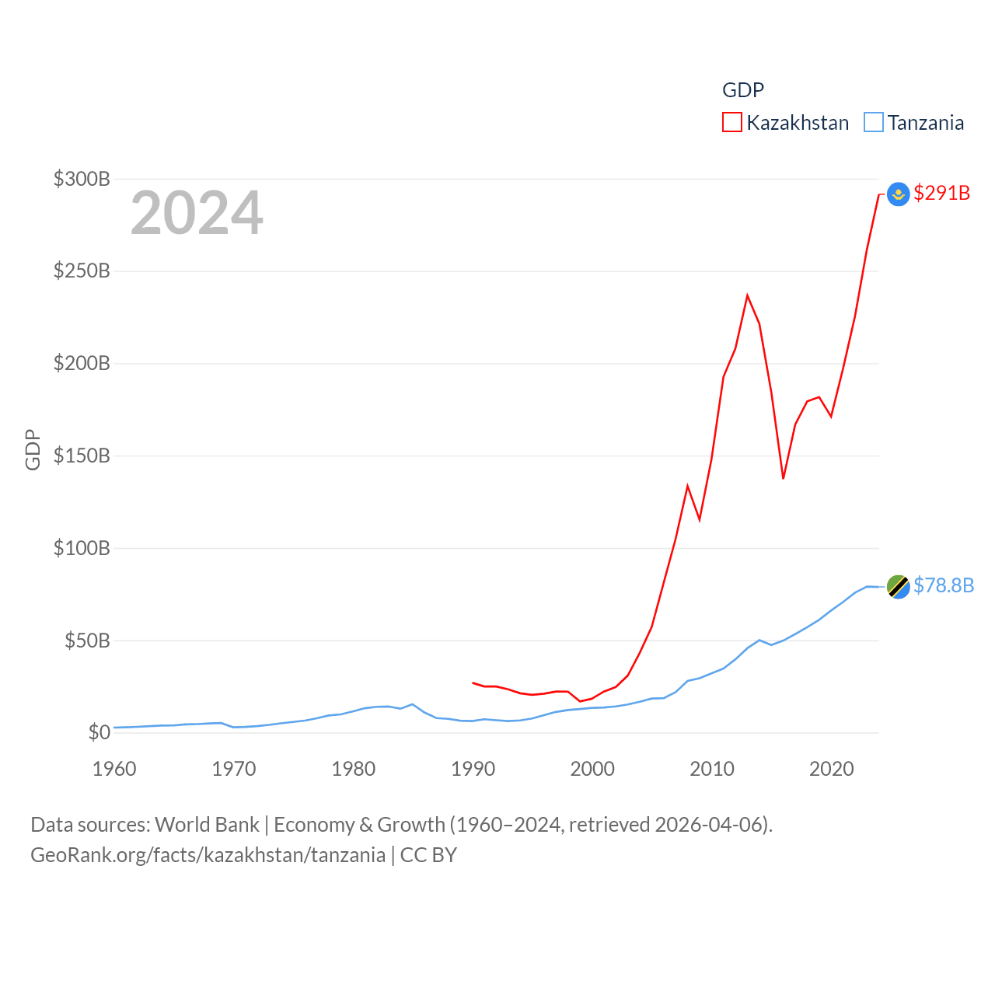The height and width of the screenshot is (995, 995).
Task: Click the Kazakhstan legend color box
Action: click(732, 123)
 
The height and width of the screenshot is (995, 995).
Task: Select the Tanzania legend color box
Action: click(874, 123)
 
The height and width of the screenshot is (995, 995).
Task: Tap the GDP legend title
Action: click(743, 90)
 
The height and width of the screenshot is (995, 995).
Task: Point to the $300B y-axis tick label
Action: click(82, 179)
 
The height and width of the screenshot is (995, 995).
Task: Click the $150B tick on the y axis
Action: click(82, 456)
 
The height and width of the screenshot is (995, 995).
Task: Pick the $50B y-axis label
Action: click(87, 641)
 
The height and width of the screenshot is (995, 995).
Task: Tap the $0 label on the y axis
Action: click(99, 732)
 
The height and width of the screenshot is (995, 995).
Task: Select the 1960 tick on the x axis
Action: click(114, 769)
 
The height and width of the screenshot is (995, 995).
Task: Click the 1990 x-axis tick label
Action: click(473, 769)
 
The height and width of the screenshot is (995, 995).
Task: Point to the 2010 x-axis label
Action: click(712, 769)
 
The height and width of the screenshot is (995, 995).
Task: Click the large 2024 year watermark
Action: click(197, 213)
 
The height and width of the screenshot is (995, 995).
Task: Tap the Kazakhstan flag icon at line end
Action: click(899, 194)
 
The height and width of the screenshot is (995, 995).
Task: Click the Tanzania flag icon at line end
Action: click(899, 587)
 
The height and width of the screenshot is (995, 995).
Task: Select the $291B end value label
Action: click(942, 193)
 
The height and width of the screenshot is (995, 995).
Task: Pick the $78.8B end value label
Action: click(944, 585)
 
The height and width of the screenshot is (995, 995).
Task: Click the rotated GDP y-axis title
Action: click(33, 450)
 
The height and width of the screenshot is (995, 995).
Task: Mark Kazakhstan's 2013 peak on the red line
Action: click(747, 295)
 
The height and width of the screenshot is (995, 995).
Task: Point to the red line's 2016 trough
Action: click(784, 478)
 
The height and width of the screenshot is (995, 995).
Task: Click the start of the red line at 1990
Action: click(473, 683)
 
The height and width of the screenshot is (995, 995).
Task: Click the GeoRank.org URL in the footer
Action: click(208, 855)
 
